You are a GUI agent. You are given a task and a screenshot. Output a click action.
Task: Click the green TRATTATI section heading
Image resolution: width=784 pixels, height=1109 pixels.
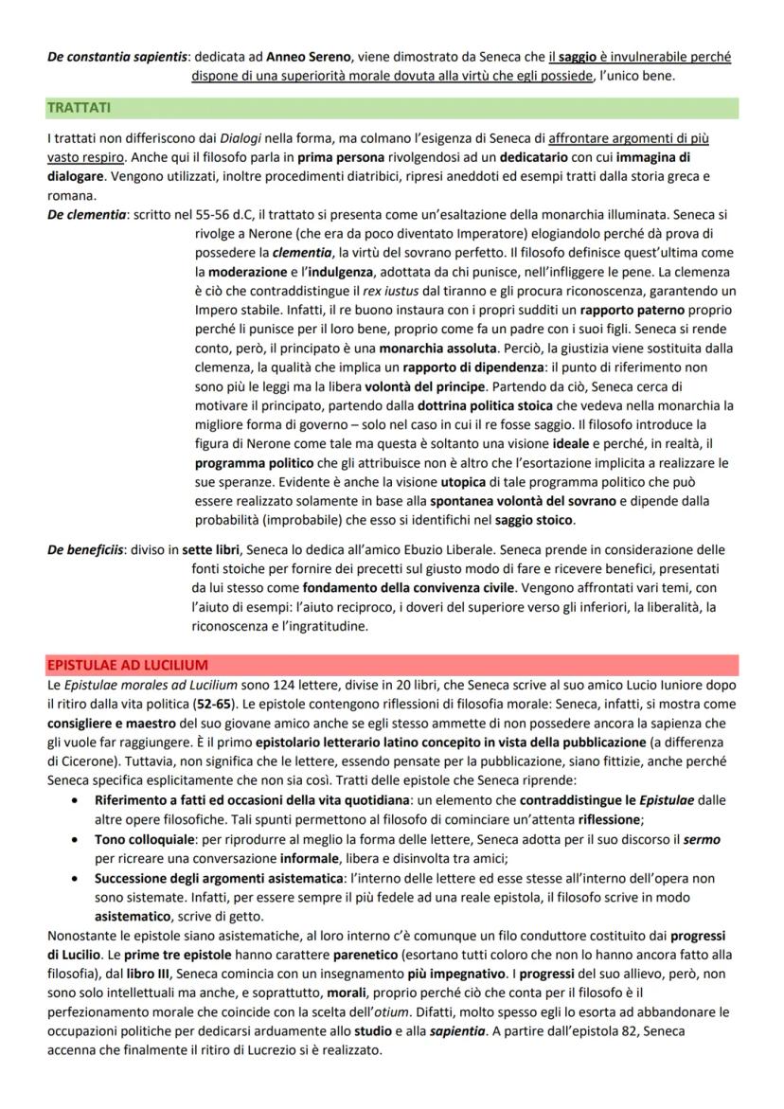click(x=79, y=108)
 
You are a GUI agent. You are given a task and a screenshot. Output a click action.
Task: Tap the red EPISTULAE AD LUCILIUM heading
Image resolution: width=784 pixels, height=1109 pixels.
click(x=128, y=665)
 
